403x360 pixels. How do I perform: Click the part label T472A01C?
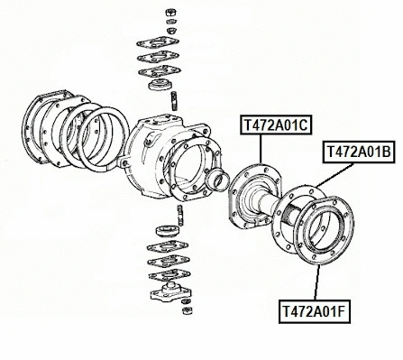click(276, 125)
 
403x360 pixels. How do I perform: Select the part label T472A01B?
click(359, 152)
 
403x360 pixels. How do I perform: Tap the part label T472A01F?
click(315, 311)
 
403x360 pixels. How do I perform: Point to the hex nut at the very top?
click(171, 12)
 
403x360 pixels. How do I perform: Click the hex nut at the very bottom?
click(188, 310)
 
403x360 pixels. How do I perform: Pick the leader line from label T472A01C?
click(261, 149)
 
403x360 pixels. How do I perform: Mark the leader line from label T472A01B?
click(334, 175)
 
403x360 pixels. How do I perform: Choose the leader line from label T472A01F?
click(316, 282)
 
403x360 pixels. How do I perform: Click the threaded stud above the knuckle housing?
click(174, 101)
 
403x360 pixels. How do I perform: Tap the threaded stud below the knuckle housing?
click(180, 215)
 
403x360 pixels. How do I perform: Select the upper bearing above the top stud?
click(160, 84)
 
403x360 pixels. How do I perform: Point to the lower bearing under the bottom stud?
click(168, 231)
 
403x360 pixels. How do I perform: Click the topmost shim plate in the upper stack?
click(158, 42)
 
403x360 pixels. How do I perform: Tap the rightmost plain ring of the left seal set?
click(104, 140)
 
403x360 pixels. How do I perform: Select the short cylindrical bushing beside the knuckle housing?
click(217, 180)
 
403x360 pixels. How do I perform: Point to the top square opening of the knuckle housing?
click(163, 119)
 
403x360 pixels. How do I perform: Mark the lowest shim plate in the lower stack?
click(169, 274)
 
